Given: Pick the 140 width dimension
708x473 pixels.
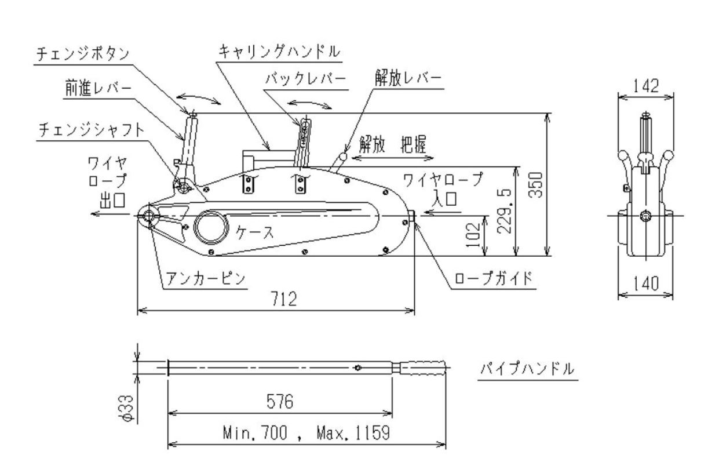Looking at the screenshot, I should pyautogui.click(x=646, y=284).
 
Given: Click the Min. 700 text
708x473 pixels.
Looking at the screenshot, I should pyautogui.click(x=255, y=433).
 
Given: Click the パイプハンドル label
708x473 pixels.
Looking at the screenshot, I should pyautogui.click(x=527, y=369).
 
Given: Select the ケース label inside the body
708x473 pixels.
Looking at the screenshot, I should pyautogui.click(x=254, y=232).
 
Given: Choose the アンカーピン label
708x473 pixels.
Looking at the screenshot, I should pyautogui.click(x=205, y=278).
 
